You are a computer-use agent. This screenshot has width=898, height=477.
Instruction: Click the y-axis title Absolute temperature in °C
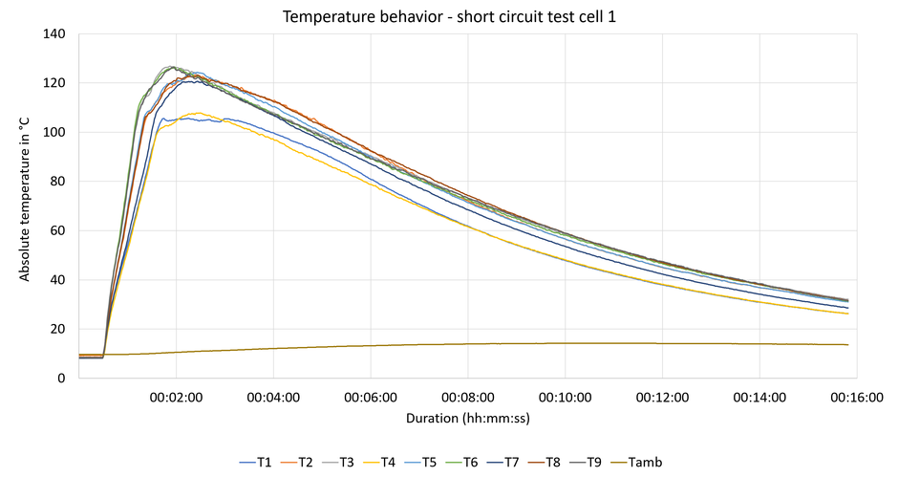26,206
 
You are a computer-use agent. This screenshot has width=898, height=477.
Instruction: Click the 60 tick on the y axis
60,231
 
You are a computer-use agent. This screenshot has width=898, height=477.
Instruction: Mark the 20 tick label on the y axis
60,330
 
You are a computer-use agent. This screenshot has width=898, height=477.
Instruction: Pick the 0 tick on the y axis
63,379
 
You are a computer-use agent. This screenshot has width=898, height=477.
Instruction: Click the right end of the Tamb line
847,344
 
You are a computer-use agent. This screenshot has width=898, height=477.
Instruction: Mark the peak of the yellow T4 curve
199,113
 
